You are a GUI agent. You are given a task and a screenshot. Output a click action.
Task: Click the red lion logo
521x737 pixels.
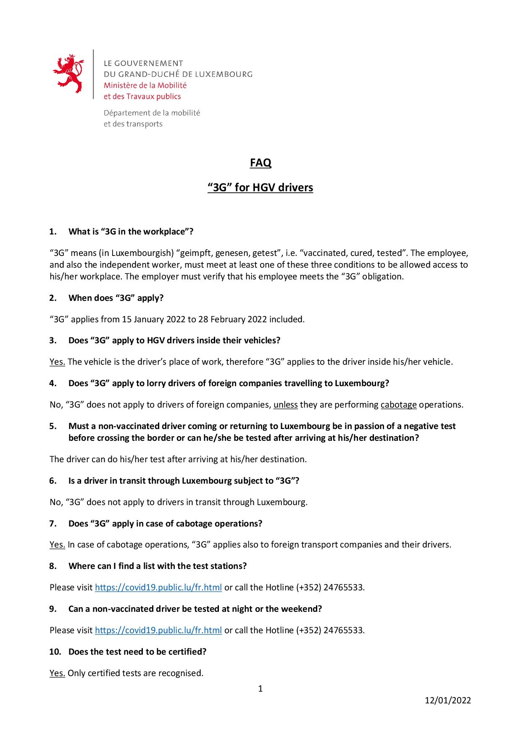68,74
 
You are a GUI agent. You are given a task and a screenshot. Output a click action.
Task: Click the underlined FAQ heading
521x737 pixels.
260,163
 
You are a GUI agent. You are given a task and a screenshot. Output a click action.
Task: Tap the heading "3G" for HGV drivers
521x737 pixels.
260,187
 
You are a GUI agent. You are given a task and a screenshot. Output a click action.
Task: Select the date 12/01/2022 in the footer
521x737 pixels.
448,700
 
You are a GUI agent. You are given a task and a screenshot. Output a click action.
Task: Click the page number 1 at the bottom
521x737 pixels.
260,688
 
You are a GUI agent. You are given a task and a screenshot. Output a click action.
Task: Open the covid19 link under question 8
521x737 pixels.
158,587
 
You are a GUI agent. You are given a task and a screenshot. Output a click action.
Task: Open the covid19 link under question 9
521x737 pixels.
158,630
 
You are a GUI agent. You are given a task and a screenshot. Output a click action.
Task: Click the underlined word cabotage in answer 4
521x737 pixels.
398,405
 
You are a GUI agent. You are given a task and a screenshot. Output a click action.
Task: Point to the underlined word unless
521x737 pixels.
286,405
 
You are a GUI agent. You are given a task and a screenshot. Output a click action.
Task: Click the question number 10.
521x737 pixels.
55,652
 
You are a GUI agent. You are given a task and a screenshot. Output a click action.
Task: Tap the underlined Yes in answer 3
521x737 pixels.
57,362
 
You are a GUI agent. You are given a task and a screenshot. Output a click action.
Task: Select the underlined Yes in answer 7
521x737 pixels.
57,545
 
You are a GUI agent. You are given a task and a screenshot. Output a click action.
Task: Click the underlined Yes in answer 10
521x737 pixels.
57,673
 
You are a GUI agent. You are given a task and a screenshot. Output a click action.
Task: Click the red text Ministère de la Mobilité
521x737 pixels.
145,85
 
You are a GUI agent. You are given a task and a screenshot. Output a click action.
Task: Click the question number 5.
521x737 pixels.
53,426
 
